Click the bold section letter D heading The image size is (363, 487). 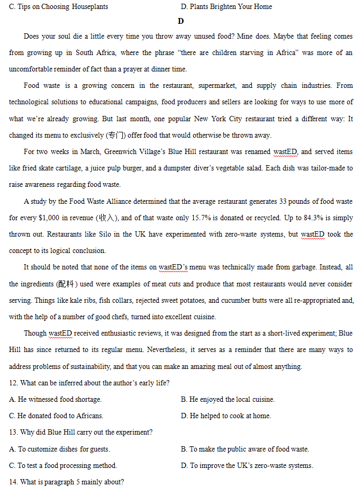[x=181, y=21]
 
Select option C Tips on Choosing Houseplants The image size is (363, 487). [x=59, y=6]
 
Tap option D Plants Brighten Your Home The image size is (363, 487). [x=226, y=6]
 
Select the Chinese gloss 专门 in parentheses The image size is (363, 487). [x=116, y=135]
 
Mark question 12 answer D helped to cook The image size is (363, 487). [x=226, y=416]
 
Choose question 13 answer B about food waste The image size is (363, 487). [x=244, y=449]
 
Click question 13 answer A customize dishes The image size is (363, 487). [x=60, y=449]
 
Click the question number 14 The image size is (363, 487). [x=13, y=482]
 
